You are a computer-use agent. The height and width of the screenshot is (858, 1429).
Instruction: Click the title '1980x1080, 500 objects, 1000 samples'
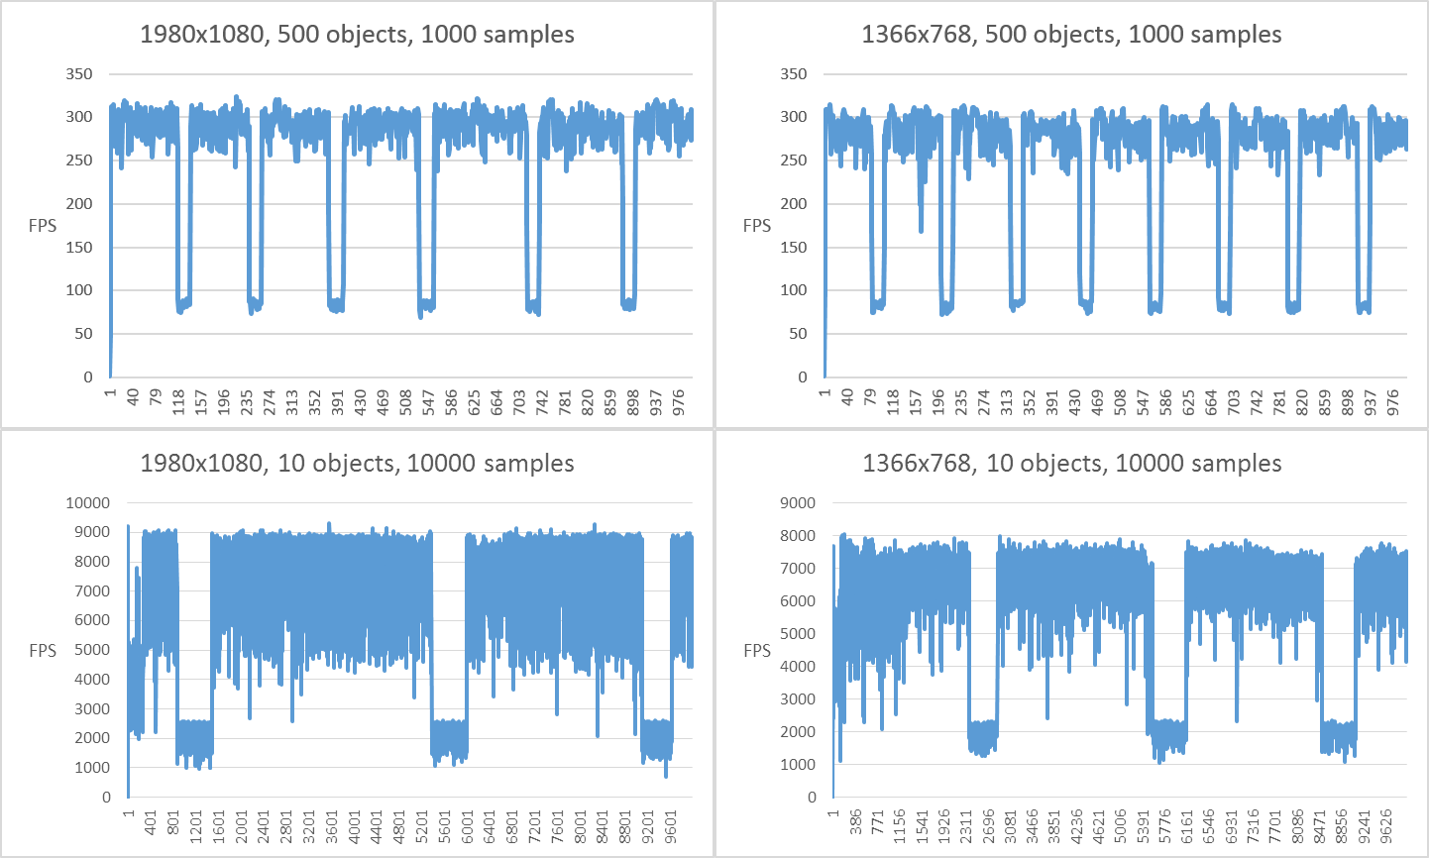(357, 35)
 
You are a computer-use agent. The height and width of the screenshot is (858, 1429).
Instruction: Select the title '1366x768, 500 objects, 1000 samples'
(1071, 35)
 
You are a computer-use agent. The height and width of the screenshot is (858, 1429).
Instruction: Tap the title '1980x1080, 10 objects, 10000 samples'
(357, 464)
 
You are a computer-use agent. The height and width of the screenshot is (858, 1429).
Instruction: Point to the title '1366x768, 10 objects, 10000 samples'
(1071, 464)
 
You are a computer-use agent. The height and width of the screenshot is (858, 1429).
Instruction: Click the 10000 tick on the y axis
(88, 503)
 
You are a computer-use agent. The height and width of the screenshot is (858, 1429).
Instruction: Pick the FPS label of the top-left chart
(43, 226)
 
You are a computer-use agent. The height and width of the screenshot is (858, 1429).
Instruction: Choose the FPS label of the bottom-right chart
(757, 651)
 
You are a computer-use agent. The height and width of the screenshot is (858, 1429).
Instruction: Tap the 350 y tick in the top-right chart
(794, 74)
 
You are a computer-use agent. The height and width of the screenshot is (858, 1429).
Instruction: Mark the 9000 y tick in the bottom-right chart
(798, 503)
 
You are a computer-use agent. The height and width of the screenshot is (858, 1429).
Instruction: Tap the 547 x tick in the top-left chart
(428, 401)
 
